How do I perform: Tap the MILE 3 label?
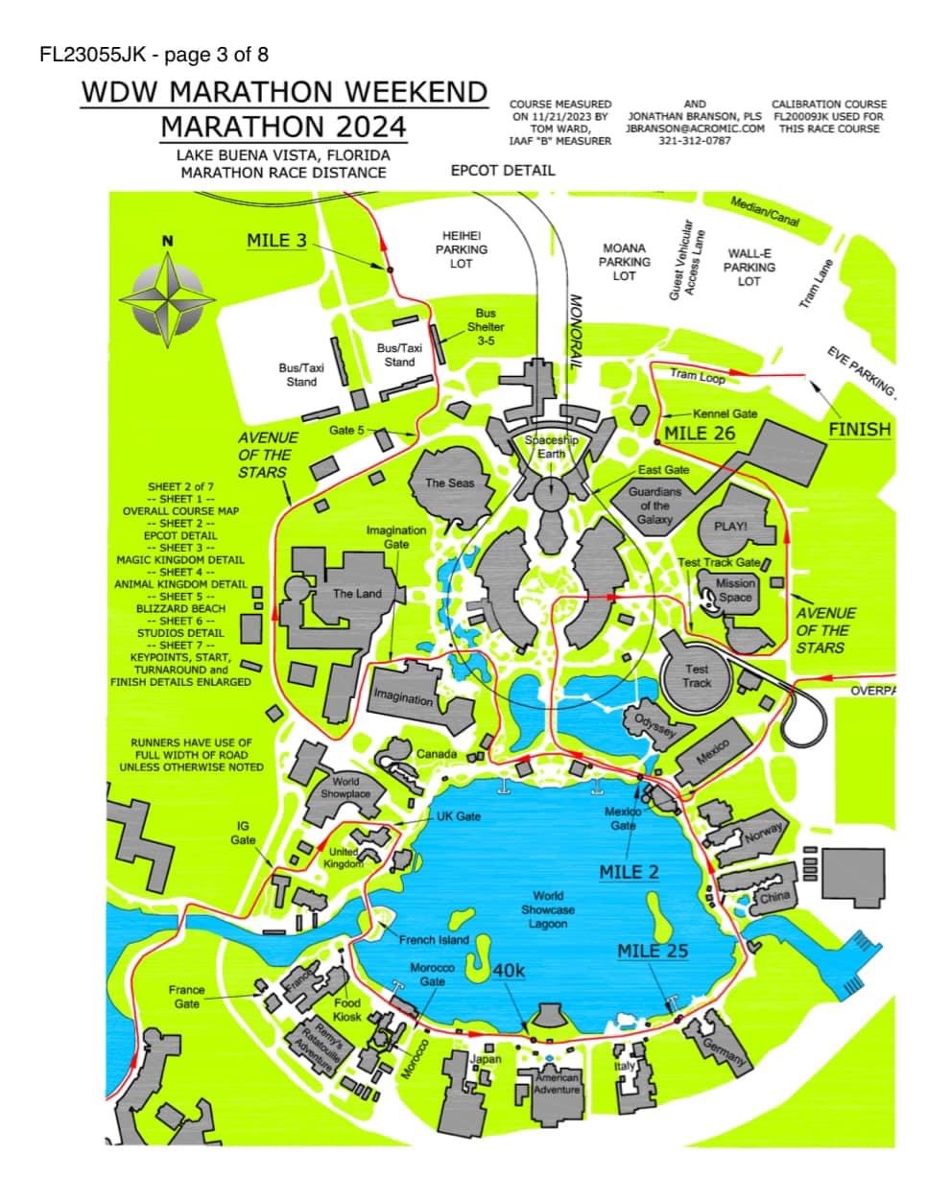pos(276,241)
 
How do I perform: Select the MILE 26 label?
pos(700,434)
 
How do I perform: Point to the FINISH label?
pos(859,430)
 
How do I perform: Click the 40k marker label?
pos(508,970)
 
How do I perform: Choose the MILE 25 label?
pos(653,951)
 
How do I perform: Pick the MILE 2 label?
pos(630,872)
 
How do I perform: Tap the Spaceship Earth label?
pos(551,446)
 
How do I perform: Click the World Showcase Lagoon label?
pos(548,909)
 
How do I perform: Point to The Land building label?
pos(356,594)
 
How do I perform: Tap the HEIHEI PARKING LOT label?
pos(461,249)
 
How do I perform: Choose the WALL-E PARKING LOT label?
pos(749,268)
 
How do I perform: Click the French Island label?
pos(434,940)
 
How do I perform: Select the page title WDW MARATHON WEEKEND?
pos(284,92)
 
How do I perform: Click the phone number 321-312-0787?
pos(695,140)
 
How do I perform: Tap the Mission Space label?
pos(736,590)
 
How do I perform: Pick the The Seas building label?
pos(449,483)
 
